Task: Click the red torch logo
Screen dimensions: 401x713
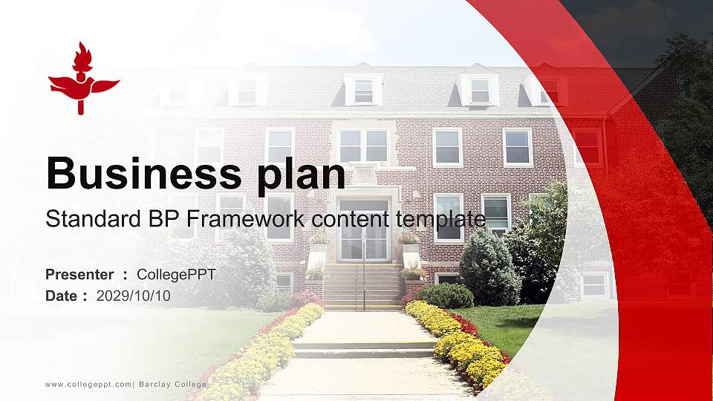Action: (x=82, y=79)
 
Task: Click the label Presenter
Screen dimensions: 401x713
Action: (x=79, y=275)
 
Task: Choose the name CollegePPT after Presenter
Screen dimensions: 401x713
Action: (x=177, y=275)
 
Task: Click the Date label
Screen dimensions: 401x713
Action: (x=62, y=296)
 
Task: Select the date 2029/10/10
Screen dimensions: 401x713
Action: (x=134, y=296)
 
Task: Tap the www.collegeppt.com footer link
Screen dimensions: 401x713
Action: (x=88, y=384)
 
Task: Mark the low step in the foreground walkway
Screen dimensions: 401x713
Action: (x=363, y=349)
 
